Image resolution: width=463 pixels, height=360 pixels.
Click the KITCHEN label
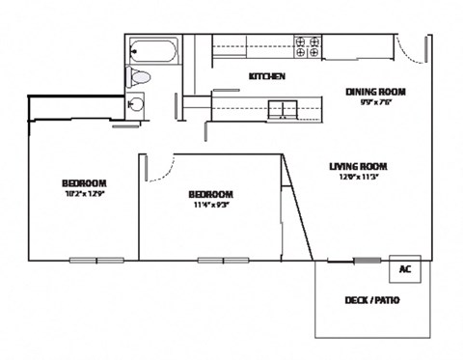(266, 76)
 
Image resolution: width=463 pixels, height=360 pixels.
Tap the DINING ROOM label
(375, 92)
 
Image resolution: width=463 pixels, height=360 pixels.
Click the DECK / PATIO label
(372, 300)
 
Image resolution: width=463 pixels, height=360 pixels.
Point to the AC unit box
(406, 269)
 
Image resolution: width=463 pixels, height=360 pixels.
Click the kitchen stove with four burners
(308, 48)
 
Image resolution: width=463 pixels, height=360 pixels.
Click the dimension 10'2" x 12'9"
(84, 194)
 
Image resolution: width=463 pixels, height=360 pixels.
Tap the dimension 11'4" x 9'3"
(209, 204)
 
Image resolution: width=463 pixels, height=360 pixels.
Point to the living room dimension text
(358, 177)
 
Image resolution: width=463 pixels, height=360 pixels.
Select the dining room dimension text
(375, 102)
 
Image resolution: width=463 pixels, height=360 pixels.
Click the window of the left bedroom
(95, 260)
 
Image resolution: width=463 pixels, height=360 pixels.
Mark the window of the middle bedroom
(224, 260)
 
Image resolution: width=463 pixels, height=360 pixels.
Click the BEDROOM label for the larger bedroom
(84, 183)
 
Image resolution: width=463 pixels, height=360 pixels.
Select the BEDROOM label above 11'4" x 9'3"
(209, 193)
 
